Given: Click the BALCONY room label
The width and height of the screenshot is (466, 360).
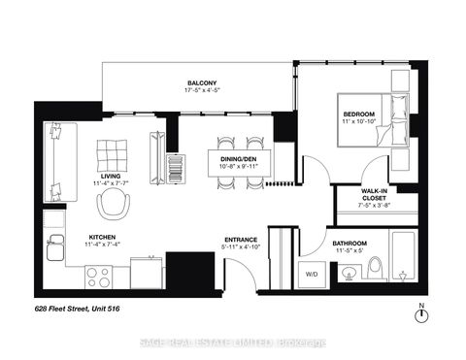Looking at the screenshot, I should (x=201, y=82).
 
